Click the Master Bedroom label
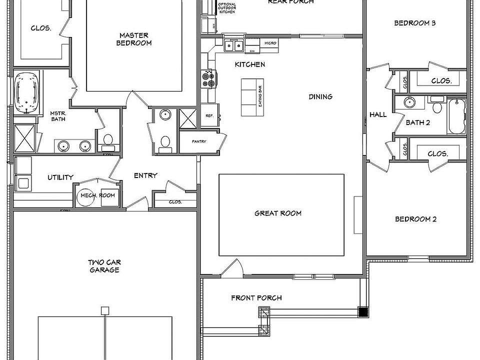click(134, 39)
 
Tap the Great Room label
click(278, 213)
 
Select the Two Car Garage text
click(104, 266)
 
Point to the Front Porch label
click(256, 298)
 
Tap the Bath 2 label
click(417, 122)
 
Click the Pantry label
click(199, 141)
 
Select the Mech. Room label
click(97, 195)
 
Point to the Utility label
click(60, 177)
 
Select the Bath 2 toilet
click(436, 106)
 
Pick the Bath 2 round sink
click(409, 103)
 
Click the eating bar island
click(252, 97)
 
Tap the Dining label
click(320, 96)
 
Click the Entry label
click(145, 175)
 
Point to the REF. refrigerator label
click(209, 115)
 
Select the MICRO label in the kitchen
click(270, 43)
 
